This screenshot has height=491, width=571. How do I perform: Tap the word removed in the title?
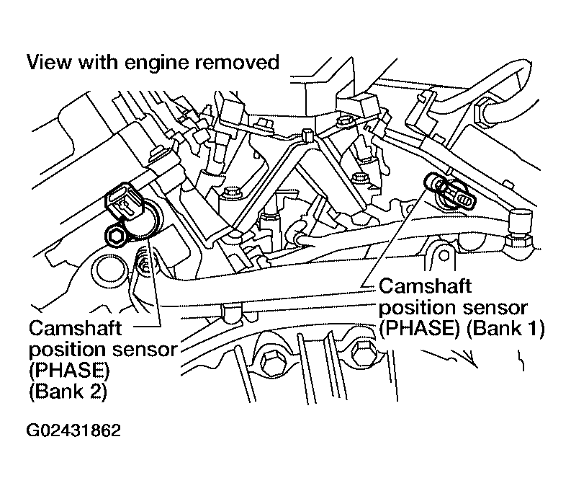coord(237,62)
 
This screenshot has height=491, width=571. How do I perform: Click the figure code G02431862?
coord(73,430)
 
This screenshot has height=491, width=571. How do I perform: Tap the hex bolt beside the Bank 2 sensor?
coord(115,237)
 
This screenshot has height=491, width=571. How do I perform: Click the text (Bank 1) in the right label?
coord(505,328)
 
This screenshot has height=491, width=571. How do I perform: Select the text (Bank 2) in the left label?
coord(68,392)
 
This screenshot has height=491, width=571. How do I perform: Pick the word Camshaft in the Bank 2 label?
coord(75,328)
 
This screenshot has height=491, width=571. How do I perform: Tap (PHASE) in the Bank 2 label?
coord(69,371)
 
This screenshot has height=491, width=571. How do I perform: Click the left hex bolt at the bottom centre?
coord(269,363)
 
